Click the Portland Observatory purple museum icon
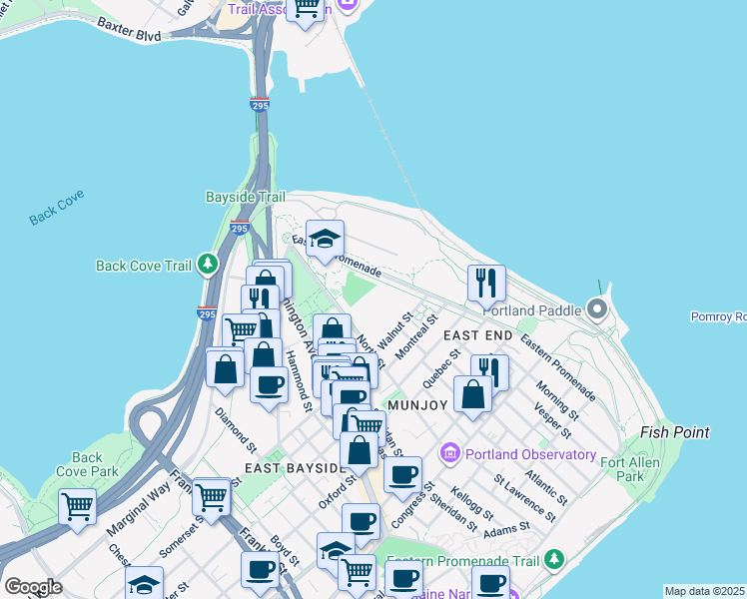[449, 454]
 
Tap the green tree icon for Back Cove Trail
[207, 265]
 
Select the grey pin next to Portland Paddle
[597, 308]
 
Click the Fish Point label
[675, 432]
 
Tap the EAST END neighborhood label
[476, 335]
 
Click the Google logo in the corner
[33, 587]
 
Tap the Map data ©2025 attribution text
[705, 591]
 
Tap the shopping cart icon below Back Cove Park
[77, 506]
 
